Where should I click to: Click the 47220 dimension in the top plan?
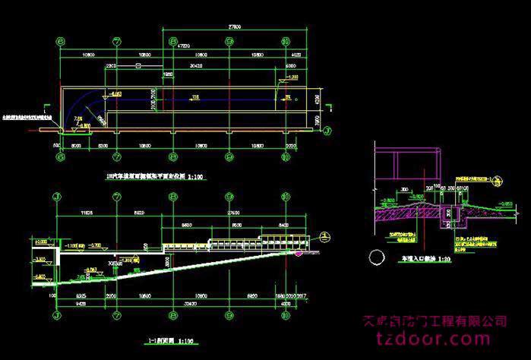point(183,46)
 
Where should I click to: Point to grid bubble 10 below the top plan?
point(286,158)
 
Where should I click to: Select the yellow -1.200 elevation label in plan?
point(292,78)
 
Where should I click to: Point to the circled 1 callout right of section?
point(325,235)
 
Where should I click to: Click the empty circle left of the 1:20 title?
point(375,255)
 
